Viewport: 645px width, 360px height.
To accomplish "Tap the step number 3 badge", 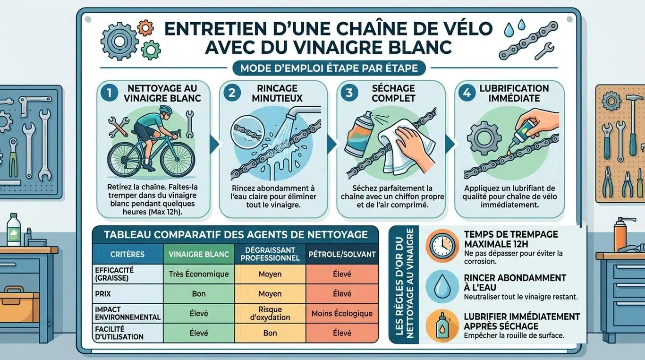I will [349, 93].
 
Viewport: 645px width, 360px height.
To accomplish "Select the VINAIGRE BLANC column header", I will [198, 254].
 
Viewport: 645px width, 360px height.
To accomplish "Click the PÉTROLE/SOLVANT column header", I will [342, 254].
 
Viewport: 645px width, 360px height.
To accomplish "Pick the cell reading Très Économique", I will [198, 274].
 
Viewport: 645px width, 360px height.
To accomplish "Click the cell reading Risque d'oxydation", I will [270, 313].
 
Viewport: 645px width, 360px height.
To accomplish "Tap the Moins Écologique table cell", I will [342, 313].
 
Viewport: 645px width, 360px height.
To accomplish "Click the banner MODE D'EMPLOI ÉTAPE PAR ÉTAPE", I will [329, 68].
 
